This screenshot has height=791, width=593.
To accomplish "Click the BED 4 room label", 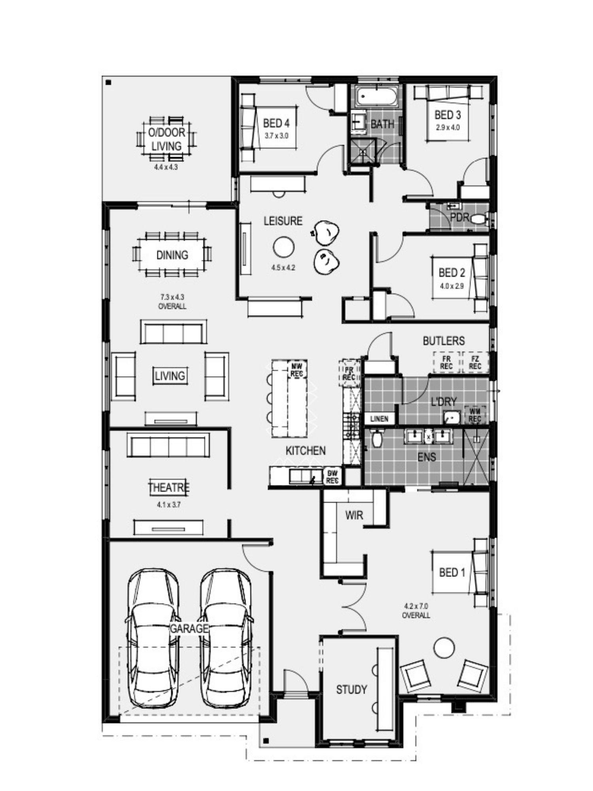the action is pyautogui.click(x=276, y=123).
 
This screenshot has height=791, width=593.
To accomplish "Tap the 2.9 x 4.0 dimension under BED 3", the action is pyautogui.click(x=448, y=128).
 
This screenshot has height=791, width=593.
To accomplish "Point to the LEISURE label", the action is pyautogui.click(x=283, y=221).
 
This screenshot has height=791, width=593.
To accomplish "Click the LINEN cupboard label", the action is pyautogui.click(x=379, y=419).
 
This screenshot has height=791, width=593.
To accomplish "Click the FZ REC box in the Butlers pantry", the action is pyautogui.click(x=475, y=362).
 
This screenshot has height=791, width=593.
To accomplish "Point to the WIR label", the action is pyautogui.click(x=354, y=515).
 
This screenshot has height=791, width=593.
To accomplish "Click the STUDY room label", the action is pyautogui.click(x=351, y=690).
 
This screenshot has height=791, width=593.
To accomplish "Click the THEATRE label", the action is pyautogui.click(x=169, y=488).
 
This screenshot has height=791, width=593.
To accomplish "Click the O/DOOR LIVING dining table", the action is pyautogui.click(x=166, y=139).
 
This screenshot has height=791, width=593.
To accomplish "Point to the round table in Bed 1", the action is pyautogui.click(x=444, y=647).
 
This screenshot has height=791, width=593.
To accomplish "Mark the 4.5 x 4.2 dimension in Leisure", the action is pyautogui.click(x=283, y=268).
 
